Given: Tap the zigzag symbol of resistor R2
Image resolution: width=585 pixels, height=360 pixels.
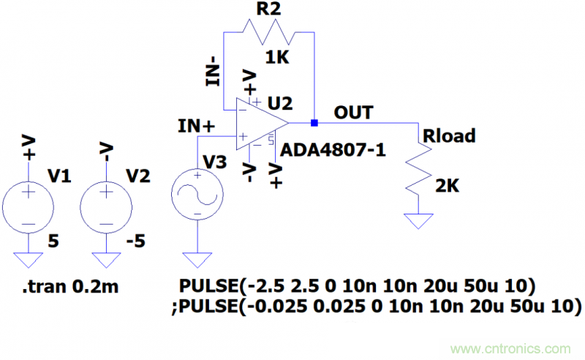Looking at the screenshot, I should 268,32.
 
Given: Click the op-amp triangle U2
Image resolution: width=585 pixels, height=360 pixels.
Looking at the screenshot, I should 260,122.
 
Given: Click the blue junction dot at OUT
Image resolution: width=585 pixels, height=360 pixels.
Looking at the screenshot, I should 314,122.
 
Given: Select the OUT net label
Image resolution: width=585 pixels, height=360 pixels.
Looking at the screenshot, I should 353,113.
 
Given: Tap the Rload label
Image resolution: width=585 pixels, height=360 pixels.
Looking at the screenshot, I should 448,135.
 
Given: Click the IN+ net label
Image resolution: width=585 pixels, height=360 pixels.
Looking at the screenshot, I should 196,126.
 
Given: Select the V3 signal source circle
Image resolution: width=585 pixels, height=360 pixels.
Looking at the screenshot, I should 197,193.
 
